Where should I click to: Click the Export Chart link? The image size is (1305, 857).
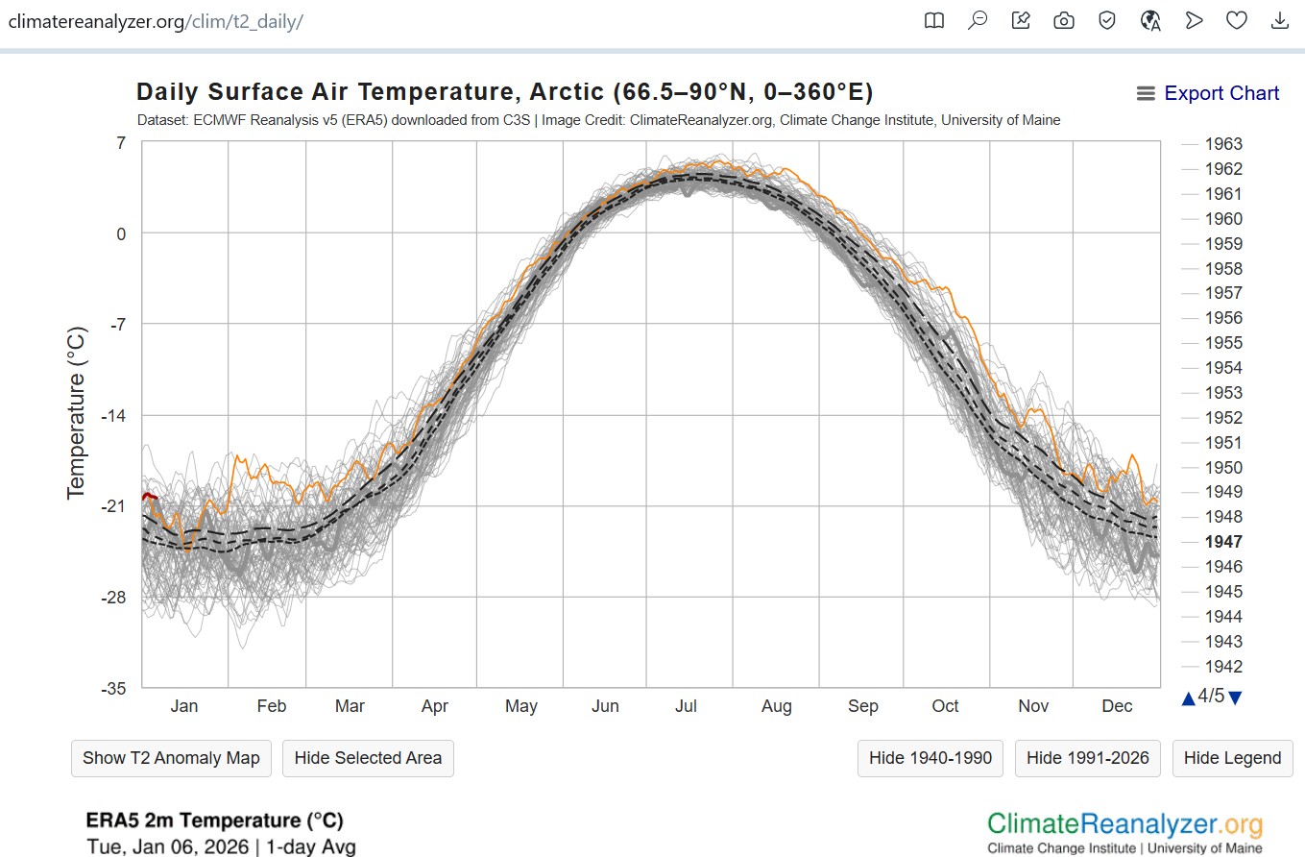(x=1220, y=93)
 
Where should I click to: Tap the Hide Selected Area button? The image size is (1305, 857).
(x=368, y=758)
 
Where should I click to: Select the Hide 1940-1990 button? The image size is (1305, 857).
(x=930, y=758)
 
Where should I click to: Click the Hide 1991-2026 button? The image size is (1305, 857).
(x=1087, y=758)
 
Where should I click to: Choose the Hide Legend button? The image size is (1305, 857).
(x=1232, y=758)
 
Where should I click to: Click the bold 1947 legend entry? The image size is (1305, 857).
(x=1223, y=542)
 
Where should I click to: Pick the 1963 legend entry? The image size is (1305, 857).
(x=1223, y=144)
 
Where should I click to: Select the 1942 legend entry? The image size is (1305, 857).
(x=1223, y=667)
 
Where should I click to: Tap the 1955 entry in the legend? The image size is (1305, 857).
(x=1223, y=343)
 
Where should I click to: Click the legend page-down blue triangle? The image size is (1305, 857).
(x=1236, y=698)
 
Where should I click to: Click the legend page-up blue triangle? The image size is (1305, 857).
(x=1189, y=698)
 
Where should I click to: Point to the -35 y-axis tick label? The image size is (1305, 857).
(x=113, y=689)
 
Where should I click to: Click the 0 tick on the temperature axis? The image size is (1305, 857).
(x=121, y=233)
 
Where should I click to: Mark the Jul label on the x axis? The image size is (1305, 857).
(x=686, y=706)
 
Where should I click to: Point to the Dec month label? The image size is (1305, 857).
(x=1117, y=706)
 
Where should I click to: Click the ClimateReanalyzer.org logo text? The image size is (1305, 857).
(x=1124, y=823)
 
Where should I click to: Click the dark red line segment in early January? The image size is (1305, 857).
(x=149, y=496)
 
